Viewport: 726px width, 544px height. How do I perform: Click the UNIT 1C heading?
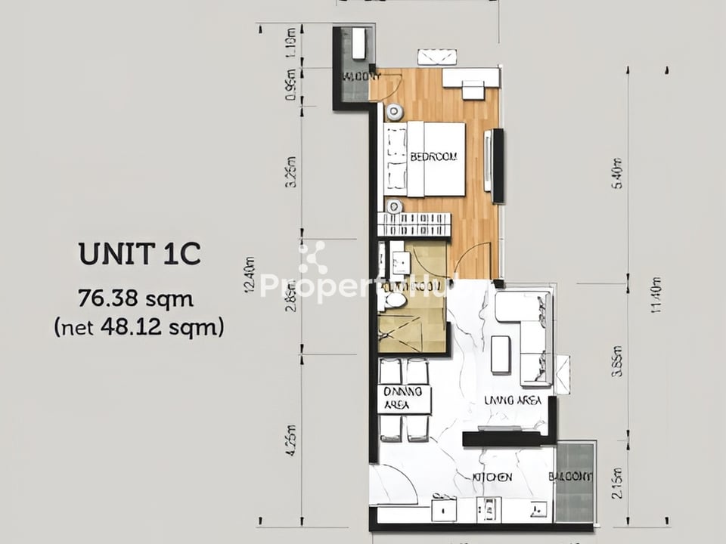[140, 255]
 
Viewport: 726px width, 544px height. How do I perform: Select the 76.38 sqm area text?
[136, 299]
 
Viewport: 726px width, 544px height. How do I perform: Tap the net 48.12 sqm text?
[139, 328]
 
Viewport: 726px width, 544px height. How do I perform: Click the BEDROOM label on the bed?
[434, 158]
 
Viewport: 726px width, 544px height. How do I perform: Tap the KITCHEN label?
[492, 477]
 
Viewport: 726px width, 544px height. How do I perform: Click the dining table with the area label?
[405, 399]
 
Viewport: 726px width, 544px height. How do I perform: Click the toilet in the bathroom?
[396, 300]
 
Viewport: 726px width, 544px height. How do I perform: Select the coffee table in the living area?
[501, 354]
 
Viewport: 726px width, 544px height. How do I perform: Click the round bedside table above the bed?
[394, 113]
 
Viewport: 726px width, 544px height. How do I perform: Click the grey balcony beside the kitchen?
[575, 482]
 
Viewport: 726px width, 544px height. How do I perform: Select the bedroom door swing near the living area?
[473, 261]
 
